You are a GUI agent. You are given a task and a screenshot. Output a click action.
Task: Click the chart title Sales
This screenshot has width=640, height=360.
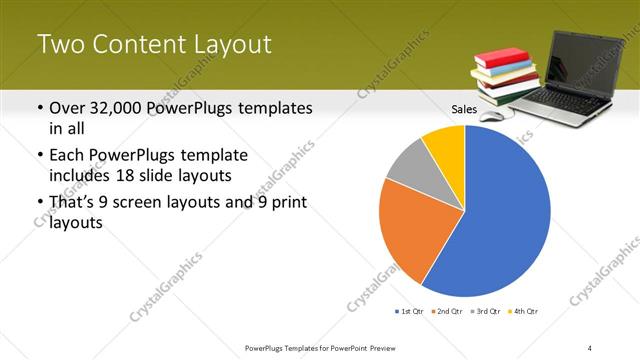(464, 108)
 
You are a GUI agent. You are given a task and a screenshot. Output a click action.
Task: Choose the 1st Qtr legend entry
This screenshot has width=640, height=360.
(408, 312)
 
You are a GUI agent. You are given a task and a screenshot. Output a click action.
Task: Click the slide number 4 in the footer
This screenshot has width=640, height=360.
(590, 347)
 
